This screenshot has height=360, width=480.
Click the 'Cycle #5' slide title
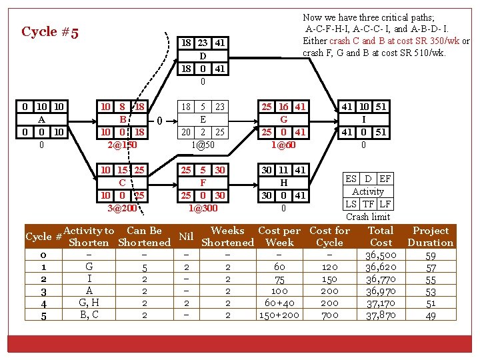tap(50, 32)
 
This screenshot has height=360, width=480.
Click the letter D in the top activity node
tap(203, 56)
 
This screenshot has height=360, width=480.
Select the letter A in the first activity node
tap(41, 119)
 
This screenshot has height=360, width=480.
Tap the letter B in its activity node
tap(123, 119)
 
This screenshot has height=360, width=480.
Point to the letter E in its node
tap(203, 119)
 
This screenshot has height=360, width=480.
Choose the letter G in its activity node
tap(283, 119)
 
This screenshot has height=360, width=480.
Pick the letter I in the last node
tap(364, 119)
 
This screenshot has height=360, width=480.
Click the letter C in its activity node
tap(123, 182)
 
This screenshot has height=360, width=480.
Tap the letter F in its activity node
tap(203, 182)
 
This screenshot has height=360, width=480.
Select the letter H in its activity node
tap(283, 182)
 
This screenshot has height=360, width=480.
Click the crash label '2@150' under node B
tap(123, 145)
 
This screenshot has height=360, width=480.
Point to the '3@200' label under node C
tap(123, 208)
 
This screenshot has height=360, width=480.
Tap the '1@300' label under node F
tap(203, 208)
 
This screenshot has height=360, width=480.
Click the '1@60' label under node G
tap(283, 145)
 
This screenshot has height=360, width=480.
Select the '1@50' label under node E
tap(203, 145)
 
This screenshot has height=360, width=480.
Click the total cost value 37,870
tap(381, 315)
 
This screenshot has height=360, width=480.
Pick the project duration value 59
tap(431, 255)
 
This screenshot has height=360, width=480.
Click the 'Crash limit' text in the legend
tap(368, 217)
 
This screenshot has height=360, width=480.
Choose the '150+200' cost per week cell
tap(279, 315)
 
